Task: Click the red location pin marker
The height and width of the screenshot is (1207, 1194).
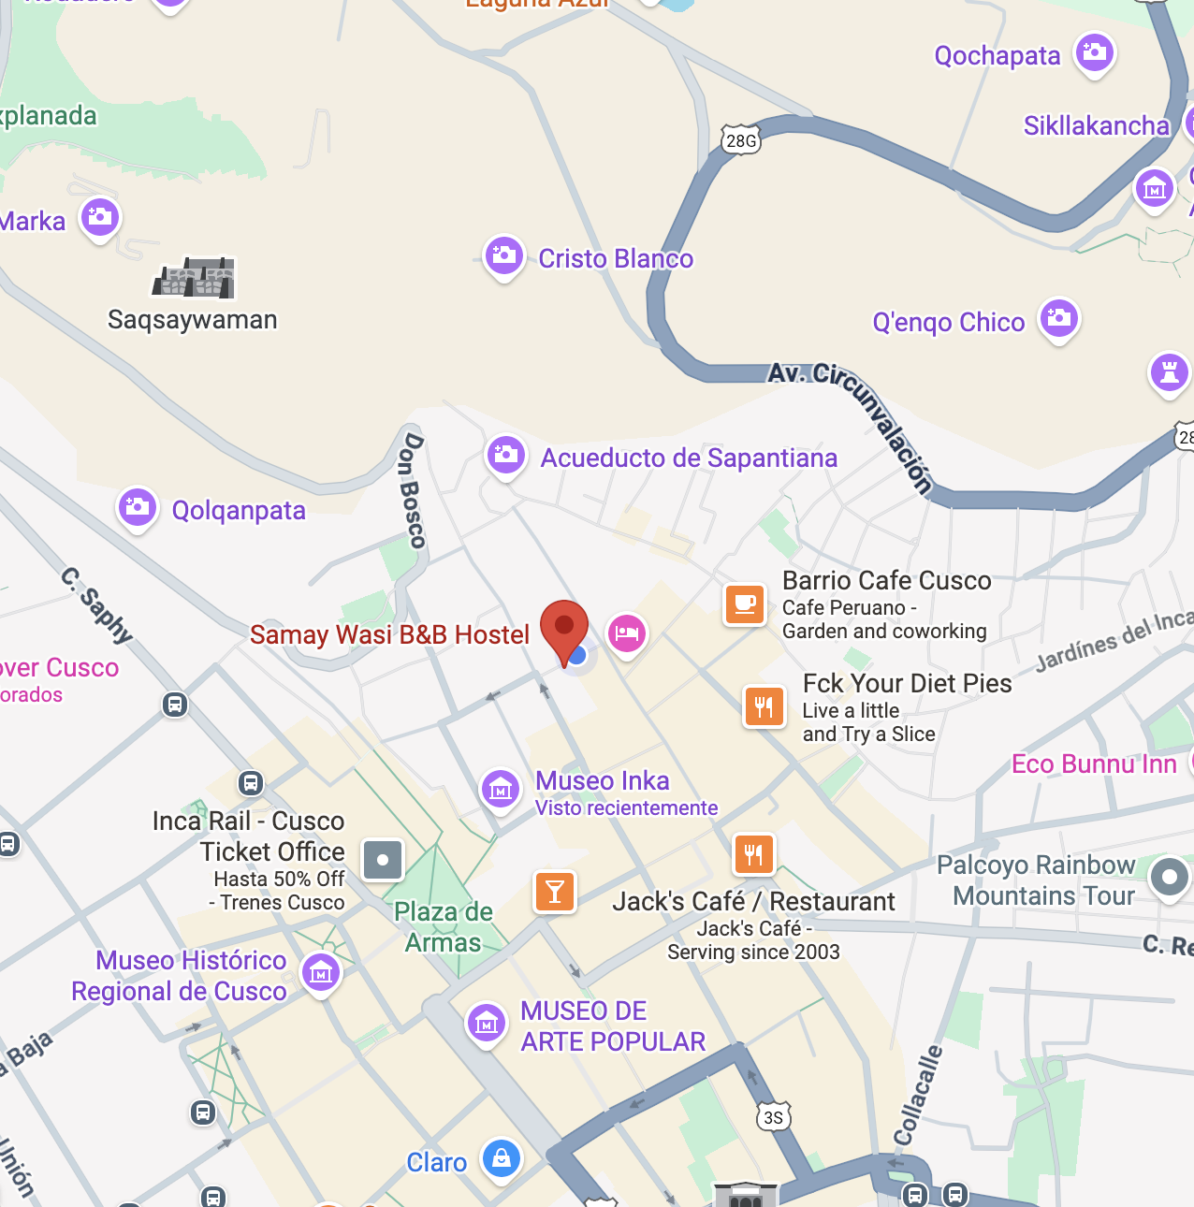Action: (564, 628)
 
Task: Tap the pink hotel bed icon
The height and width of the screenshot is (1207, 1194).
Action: (626, 633)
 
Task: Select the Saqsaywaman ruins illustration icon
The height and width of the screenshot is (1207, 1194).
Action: (195, 278)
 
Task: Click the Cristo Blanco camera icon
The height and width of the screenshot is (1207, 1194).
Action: (504, 255)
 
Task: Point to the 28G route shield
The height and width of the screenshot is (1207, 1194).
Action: (741, 140)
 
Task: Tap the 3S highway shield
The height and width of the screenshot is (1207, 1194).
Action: (773, 1117)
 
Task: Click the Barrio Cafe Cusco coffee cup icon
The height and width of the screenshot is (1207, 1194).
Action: (745, 603)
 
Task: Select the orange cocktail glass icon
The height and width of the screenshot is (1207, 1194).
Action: (554, 891)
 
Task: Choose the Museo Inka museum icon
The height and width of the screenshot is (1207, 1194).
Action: (501, 789)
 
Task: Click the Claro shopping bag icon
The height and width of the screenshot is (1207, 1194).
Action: (502, 1158)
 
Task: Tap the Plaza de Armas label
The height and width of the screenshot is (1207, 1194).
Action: (444, 926)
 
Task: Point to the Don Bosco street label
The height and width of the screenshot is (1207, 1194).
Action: (412, 490)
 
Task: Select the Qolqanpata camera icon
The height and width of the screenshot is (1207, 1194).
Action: (138, 508)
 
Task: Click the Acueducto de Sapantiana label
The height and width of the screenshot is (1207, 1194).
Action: (689, 458)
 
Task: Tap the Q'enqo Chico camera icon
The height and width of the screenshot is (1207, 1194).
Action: (1059, 319)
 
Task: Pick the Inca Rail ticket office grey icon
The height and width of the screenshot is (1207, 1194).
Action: (382, 859)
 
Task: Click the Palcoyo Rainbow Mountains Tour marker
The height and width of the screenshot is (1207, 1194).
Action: (1169, 878)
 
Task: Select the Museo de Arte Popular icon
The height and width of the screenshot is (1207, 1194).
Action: (487, 1024)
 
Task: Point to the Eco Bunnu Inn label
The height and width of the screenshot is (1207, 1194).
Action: (1094, 763)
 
